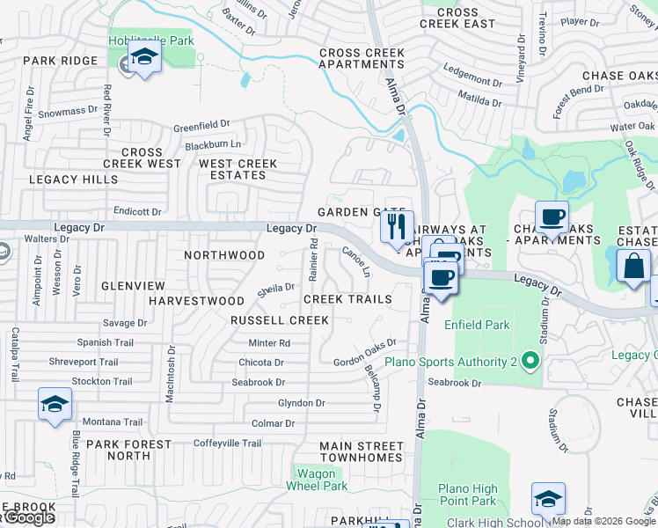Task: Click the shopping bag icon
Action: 632,265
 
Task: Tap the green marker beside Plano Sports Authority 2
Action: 529,360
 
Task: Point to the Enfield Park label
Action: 477,325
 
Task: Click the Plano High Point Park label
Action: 468,495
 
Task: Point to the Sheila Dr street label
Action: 275,289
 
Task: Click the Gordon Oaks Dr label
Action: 365,356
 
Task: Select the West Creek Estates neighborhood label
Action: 238,169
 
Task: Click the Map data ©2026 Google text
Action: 603,521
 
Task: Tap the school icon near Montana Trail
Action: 55,404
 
